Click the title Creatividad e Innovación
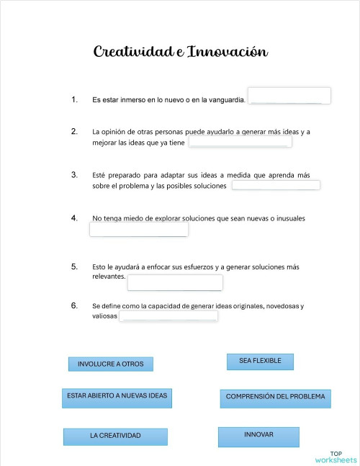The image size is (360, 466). coord(181,52)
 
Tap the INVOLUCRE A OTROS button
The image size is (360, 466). coord(110,364)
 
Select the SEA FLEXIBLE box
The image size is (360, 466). coord(260,360)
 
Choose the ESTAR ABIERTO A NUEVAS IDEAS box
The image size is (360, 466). coord(117,397)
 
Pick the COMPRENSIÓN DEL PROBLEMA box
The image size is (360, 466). coord(275,397)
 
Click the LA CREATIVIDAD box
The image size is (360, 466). coord(115,436)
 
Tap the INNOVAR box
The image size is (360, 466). coord(258,435)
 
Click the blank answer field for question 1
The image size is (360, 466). coord(289,96)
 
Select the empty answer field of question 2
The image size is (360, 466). coord(240,142)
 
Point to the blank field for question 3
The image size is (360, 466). coord(276,185)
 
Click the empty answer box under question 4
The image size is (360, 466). coord(139,230)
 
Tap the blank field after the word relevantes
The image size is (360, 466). coord(175,282)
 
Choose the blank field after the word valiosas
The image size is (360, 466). coord(168,316)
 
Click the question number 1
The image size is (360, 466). coord(74,99)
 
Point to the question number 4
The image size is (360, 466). coord(74,218)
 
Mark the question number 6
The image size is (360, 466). coord(74,305)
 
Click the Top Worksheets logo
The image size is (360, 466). coord(336,457)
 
